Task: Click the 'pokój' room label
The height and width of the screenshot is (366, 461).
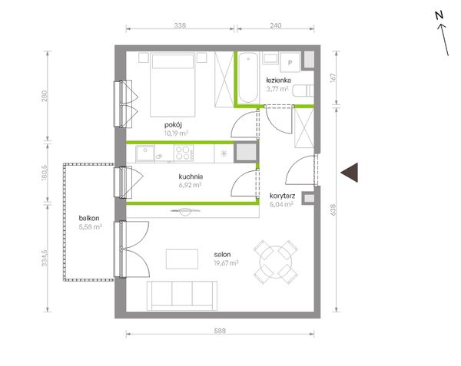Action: [x=173, y=125]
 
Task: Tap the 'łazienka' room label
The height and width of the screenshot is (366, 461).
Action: [x=279, y=80]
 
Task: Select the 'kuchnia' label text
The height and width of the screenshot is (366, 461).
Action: [x=191, y=176]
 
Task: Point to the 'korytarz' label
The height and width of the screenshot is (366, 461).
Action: [x=282, y=196]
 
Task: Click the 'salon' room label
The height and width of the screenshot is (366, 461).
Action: [x=222, y=255]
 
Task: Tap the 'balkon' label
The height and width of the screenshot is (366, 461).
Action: [x=89, y=218]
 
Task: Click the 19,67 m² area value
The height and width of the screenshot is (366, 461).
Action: [x=226, y=263]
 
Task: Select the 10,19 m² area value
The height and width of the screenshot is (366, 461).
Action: [x=176, y=134]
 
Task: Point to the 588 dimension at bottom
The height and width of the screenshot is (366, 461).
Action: [x=220, y=331]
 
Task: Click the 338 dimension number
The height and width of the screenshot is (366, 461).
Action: [x=180, y=25]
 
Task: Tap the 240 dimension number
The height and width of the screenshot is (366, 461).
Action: [x=276, y=25]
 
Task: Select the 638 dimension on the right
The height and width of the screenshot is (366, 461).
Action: [x=333, y=210]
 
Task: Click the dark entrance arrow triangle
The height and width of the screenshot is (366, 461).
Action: [x=350, y=173]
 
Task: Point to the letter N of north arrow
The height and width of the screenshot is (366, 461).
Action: [x=439, y=15]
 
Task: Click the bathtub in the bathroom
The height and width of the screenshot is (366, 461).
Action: [x=248, y=77]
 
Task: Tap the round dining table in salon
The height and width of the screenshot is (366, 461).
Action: [x=276, y=262]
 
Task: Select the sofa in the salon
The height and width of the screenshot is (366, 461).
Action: [x=182, y=295]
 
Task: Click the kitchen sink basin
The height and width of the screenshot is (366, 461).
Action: [x=145, y=153]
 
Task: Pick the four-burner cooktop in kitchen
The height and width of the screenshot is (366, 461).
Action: [x=184, y=153]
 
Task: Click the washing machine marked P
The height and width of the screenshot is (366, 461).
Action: [x=290, y=62]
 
